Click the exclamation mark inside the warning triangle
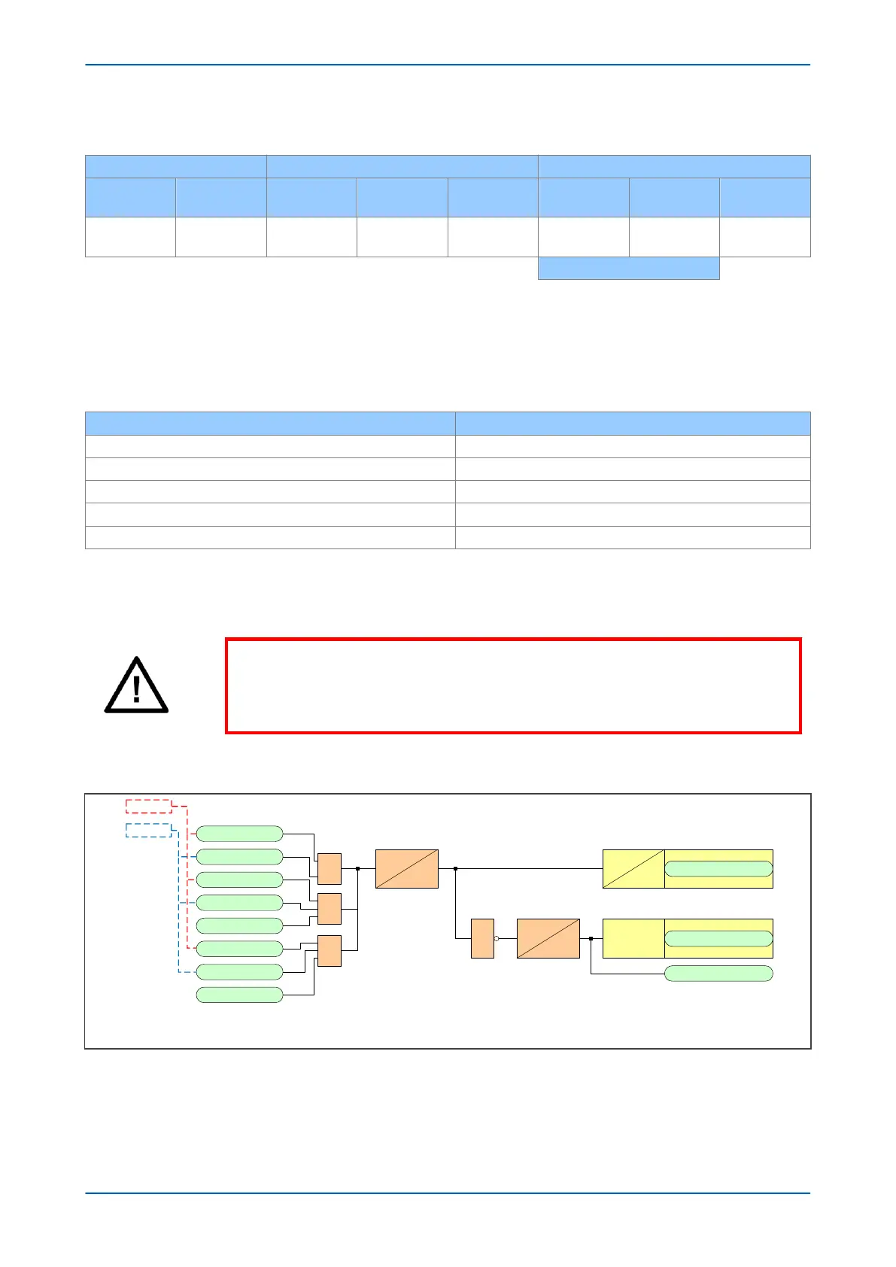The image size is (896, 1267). (136, 688)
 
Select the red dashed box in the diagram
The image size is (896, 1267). (148, 806)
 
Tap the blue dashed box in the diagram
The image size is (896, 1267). (148, 830)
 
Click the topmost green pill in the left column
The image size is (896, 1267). (239, 834)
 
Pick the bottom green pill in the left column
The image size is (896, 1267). (239, 995)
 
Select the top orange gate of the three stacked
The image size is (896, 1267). (330, 869)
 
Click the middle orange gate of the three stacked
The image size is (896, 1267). (330, 909)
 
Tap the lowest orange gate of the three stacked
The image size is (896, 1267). (330, 951)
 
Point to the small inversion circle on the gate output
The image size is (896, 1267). (497, 938)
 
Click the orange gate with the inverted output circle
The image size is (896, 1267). (482, 938)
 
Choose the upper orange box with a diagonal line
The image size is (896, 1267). (406, 869)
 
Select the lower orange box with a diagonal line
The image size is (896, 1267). (548, 938)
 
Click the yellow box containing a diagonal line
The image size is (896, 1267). (633, 869)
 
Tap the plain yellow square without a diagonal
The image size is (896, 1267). (633, 938)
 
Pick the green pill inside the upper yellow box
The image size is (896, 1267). (718, 869)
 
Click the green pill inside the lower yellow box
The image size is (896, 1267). (718, 938)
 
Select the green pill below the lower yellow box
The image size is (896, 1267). (718, 974)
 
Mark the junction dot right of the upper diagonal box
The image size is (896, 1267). (456, 868)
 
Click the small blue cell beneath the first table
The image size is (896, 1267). (628, 269)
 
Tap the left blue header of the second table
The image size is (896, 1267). (270, 423)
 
